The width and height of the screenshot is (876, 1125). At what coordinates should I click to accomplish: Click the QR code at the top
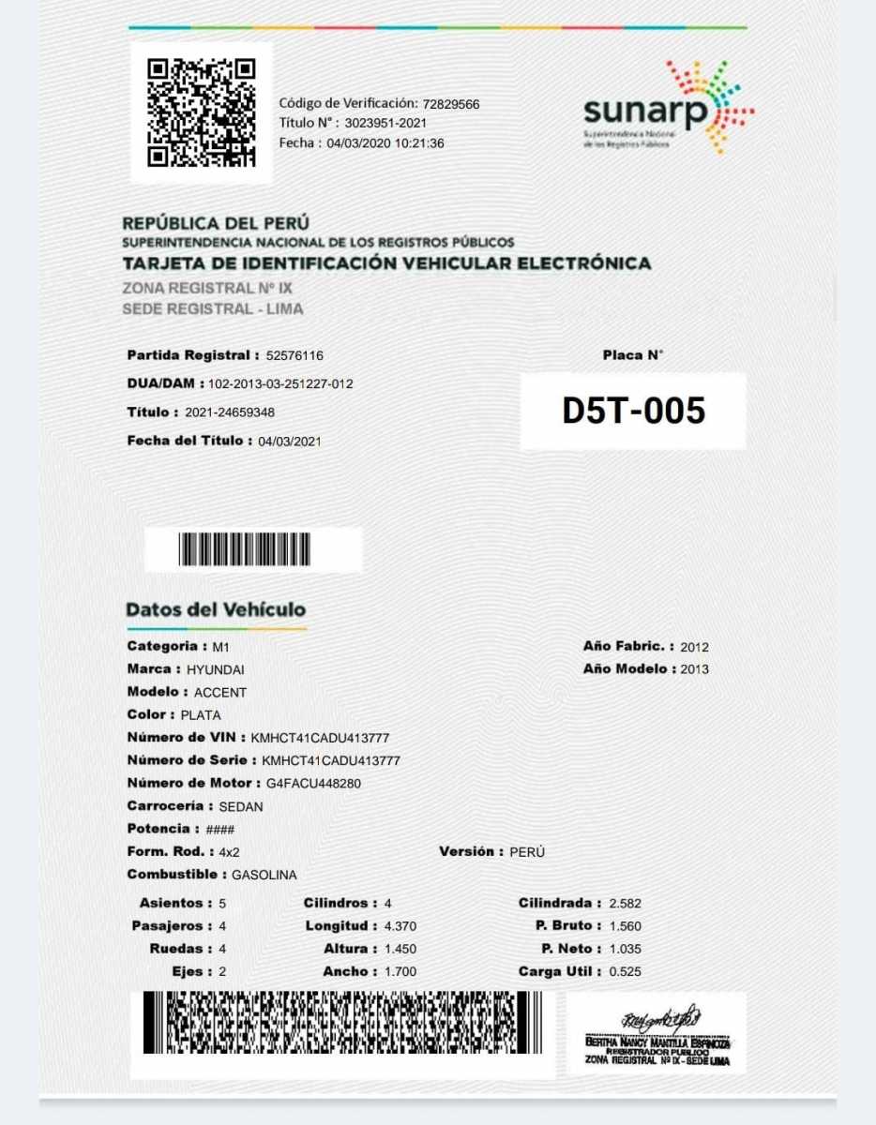click(x=201, y=112)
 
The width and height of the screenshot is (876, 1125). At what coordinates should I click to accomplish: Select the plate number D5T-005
click(x=633, y=411)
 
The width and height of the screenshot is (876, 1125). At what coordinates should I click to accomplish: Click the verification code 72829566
click(x=451, y=104)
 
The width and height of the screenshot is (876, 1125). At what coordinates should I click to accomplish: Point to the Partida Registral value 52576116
click(x=295, y=356)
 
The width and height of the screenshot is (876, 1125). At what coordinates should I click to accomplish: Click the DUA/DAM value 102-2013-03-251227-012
click(x=280, y=384)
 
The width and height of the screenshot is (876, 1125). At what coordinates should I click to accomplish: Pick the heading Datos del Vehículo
click(x=216, y=609)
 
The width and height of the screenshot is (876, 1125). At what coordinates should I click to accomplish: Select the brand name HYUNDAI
click(x=216, y=670)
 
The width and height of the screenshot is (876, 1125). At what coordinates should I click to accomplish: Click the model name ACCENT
click(x=220, y=693)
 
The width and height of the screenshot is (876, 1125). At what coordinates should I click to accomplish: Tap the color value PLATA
click(x=201, y=715)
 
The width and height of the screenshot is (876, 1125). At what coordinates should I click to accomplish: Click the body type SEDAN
click(x=241, y=806)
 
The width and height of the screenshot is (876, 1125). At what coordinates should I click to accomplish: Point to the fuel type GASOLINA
click(x=264, y=875)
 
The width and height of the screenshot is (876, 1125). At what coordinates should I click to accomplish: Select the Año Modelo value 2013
click(x=695, y=669)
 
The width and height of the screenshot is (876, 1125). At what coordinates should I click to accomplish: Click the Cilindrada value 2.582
click(x=625, y=904)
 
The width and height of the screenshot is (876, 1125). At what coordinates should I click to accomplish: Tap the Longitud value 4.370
click(x=400, y=926)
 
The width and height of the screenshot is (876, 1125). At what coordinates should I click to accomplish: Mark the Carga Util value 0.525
click(x=625, y=972)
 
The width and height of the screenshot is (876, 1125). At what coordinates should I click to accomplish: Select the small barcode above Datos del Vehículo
click(x=244, y=549)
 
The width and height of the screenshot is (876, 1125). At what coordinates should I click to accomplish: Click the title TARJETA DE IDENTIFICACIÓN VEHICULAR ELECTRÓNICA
click(x=386, y=263)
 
